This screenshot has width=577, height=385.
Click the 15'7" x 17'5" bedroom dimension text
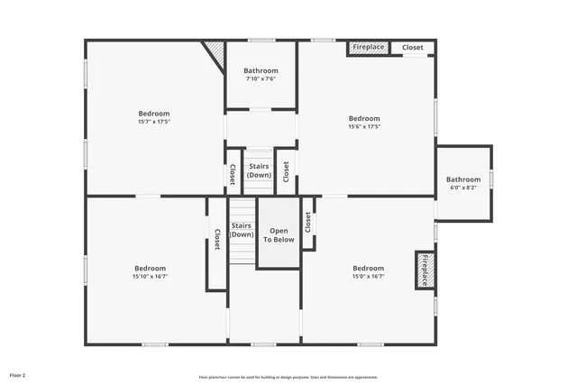pyautogui.click(x=154, y=121)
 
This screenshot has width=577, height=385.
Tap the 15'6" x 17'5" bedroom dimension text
pyautogui.click(x=364, y=126)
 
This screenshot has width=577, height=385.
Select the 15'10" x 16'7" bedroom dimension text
pyautogui.click(x=150, y=276)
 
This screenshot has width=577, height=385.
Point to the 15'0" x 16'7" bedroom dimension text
pyautogui.click(x=368, y=276)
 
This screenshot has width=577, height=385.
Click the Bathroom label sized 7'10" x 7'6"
pyautogui.click(x=261, y=78)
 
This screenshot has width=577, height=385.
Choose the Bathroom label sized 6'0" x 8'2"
pyautogui.click(x=463, y=188)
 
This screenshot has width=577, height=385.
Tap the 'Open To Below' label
pyautogui.click(x=279, y=235)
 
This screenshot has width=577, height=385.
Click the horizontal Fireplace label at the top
pyautogui.click(x=368, y=47)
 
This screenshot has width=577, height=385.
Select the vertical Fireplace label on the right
pyautogui.click(x=424, y=270)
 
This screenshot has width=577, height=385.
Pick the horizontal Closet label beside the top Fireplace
pyautogui.click(x=413, y=47)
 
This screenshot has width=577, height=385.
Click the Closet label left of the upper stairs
pyautogui.click(x=232, y=172)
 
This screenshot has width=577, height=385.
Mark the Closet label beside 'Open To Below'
pyautogui.click(x=307, y=223)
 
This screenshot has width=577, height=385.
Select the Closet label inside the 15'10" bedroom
pyautogui.click(x=216, y=240)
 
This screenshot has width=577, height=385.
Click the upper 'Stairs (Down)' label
pyautogui.click(x=259, y=170)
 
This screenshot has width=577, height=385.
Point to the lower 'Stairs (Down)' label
pyautogui.click(x=241, y=230)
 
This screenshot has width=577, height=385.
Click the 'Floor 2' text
pyautogui.click(x=18, y=374)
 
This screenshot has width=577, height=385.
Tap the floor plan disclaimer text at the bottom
pyautogui.click(x=288, y=377)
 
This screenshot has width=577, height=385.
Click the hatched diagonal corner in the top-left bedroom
pyautogui.click(x=215, y=51)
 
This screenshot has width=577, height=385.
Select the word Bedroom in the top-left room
pyautogui.click(x=154, y=114)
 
